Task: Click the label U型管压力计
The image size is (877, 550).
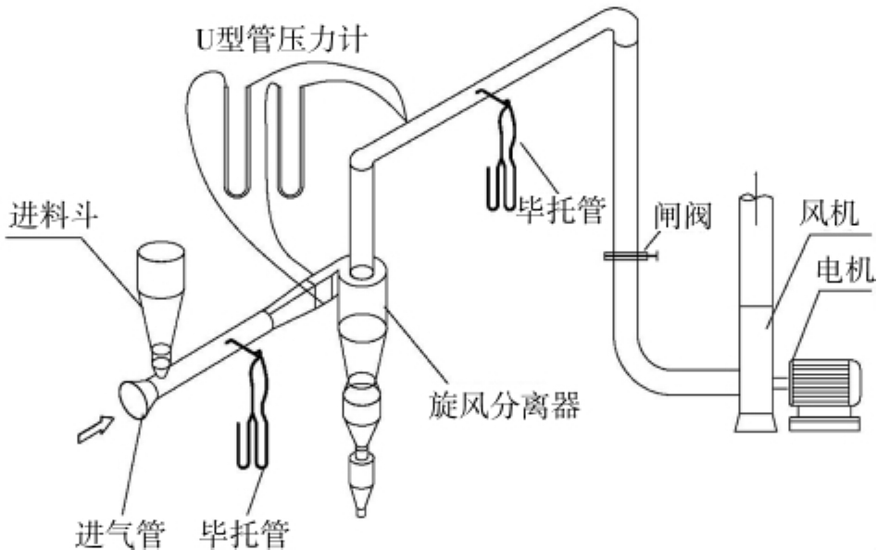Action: click(x=282, y=39)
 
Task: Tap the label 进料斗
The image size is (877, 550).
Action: click(x=54, y=216)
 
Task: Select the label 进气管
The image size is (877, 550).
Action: click(x=119, y=533)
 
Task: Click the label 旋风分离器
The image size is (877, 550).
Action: click(x=504, y=406)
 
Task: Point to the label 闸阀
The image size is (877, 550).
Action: click(x=683, y=216)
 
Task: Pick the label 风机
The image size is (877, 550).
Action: click(x=829, y=214)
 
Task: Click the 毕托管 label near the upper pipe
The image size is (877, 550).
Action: click(x=561, y=211)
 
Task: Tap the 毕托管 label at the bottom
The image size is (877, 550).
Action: click(x=244, y=533)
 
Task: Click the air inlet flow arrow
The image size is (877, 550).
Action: click(x=95, y=430)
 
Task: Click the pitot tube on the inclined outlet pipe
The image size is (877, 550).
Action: click(x=502, y=151)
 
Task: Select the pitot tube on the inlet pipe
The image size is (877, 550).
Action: click(x=252, y=403)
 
